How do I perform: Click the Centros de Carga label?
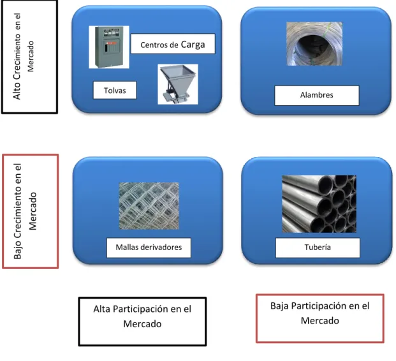coord(173,44)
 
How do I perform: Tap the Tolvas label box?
coord(115,90)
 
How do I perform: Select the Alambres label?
coord(317,96)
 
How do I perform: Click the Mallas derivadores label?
coord(149,247)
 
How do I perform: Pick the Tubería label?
coord(318,247)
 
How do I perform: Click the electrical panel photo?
coord(109,47)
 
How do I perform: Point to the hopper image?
coord(178,84)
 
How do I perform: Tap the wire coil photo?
coord(314,44)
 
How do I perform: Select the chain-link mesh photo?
coord(149,206)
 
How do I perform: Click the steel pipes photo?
coord(319,204)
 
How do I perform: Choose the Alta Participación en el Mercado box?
coord(142,321)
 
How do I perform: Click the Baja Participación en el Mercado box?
coord(320,318)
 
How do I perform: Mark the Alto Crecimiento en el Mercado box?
coord(29,57)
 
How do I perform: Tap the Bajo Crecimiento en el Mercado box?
coord(31,211)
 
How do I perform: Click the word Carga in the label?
coord(193,45)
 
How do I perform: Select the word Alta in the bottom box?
coord(101,309)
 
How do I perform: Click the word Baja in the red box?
coord(279,306)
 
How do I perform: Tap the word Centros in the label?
coord(154,45)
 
